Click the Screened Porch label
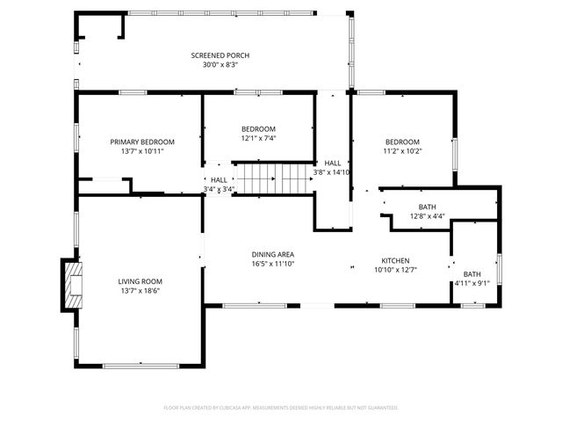[215, 55]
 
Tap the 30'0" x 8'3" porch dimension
[215, 64]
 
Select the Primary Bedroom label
[142, 142]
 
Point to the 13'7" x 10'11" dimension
[142, 151]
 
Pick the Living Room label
[140, 281]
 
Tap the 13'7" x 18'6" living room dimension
[140, 291]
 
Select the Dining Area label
[273, 254]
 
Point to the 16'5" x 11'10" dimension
[273, 264]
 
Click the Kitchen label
[395, 260]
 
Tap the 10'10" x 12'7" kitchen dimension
[395, 270]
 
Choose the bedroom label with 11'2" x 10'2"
[402, 142]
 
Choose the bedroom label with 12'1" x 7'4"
[259, 128]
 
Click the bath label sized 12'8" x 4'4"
[427, 207]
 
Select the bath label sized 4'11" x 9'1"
[472, 273]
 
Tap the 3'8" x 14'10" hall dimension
[332, 172]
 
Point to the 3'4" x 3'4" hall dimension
[218, 188]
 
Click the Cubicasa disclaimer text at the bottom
[281, 408]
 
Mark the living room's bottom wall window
[140, 365]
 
